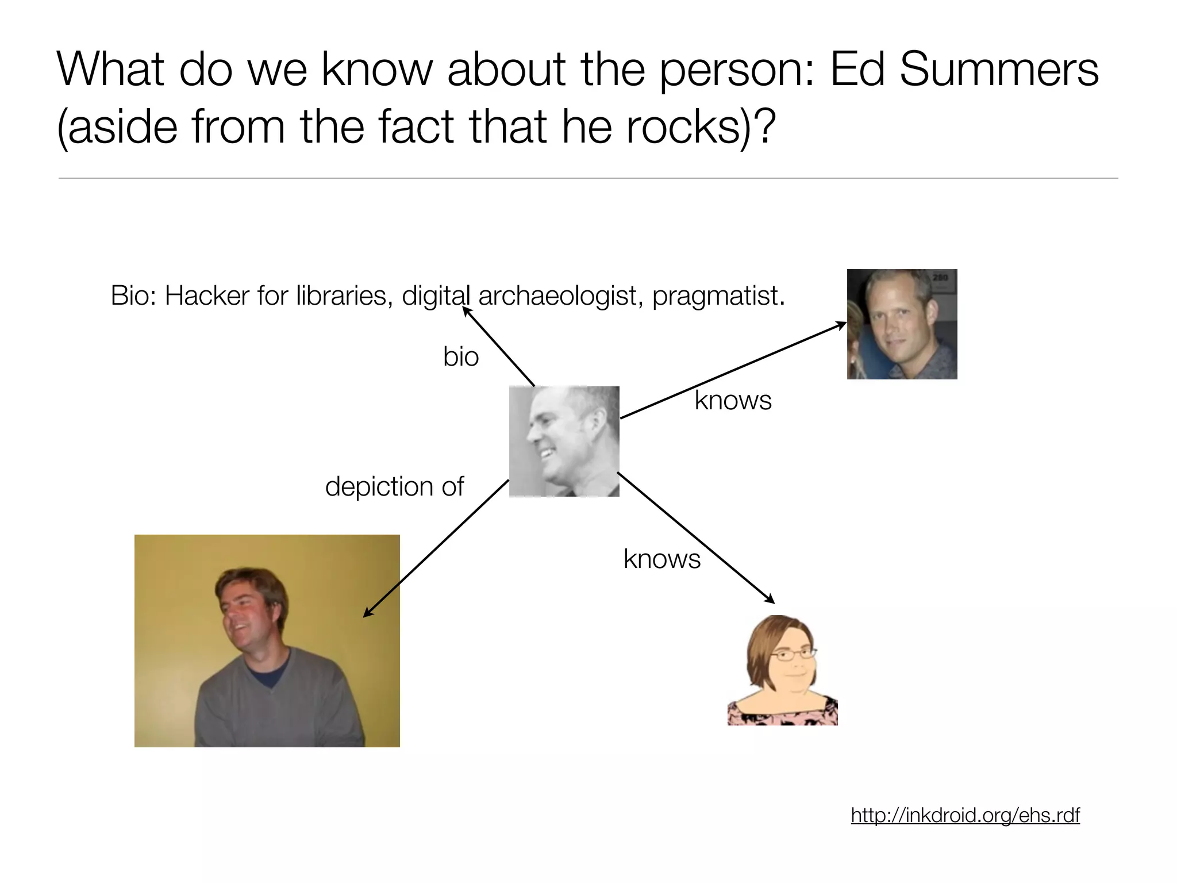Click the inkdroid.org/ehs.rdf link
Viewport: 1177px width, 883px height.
965,815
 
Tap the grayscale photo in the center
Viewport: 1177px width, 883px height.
564,441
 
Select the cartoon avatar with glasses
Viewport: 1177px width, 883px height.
782,670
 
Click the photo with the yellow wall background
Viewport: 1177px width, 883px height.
267,640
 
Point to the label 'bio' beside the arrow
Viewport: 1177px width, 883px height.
461,356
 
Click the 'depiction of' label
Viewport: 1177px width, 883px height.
394,486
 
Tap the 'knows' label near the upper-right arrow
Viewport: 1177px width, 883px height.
733,400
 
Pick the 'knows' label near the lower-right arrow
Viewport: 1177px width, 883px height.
662,559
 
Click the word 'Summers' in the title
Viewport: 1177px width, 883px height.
999,70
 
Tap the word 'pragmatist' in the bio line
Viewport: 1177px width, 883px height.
715,297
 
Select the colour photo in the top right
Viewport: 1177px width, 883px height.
902,324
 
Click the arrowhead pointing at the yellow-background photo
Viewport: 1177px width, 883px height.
366,614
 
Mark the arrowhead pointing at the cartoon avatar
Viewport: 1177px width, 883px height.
771,600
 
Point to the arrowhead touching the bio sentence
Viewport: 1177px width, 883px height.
466,311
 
